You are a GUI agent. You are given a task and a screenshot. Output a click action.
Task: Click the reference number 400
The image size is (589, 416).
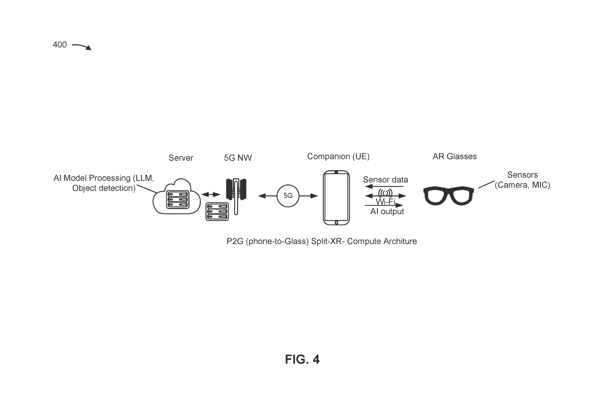click(x=60, y=45)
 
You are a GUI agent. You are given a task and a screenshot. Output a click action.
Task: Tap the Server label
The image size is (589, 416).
click(x=181, y=158)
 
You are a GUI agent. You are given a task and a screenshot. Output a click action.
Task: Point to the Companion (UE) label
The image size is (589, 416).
click(x=338, y=156)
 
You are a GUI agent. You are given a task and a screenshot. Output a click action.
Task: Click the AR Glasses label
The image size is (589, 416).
click(x=455, y=156)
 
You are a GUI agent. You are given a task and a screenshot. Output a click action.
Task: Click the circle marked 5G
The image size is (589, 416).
click(x=288, y=196)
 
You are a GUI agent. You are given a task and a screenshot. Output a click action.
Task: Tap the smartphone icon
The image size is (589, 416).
click(x=336, y=198)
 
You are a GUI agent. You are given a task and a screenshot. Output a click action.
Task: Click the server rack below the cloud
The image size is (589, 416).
click(x=217, y=212)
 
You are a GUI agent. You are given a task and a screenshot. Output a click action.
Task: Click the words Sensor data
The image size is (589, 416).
click(x=386, y=180)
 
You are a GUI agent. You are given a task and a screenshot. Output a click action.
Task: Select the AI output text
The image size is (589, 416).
click(x=387, y=212)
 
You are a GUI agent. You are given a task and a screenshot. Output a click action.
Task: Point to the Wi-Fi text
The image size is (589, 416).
click(x=385, y=202)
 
